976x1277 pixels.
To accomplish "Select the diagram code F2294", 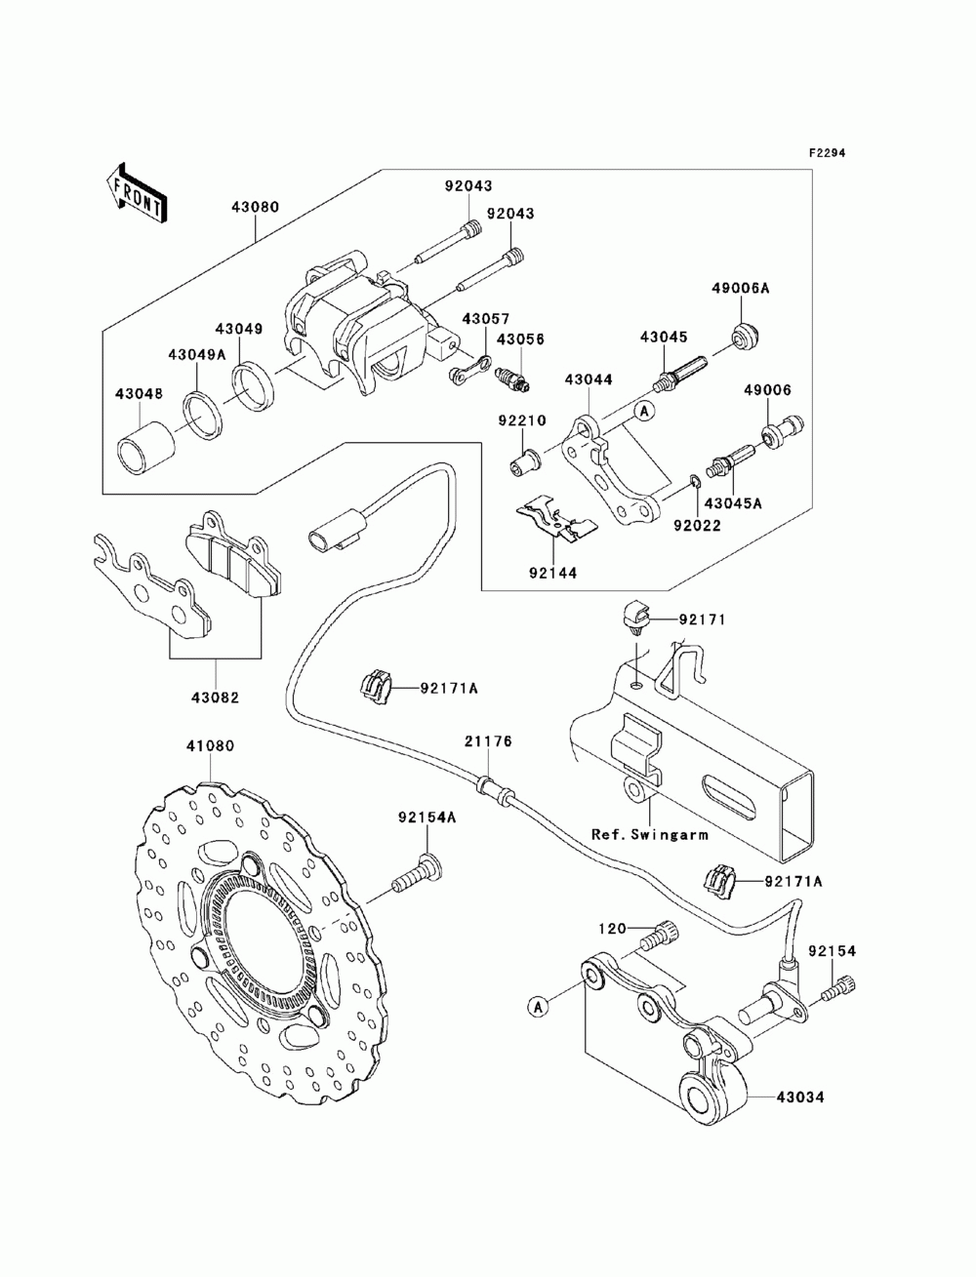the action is pos(826,153).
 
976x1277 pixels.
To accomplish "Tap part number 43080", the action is pos(256,207).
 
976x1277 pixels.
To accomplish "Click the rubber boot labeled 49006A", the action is pos(745,337).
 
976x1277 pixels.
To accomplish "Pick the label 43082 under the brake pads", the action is pos(216,697).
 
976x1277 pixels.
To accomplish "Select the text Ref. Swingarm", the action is pos(649,834).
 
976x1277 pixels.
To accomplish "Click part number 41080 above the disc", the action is pos(210,745).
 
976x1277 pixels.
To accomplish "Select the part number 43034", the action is pos(800,1097).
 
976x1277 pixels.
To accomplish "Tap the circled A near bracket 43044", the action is pos(644,412).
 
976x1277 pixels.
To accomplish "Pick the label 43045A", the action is pos(733,503).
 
